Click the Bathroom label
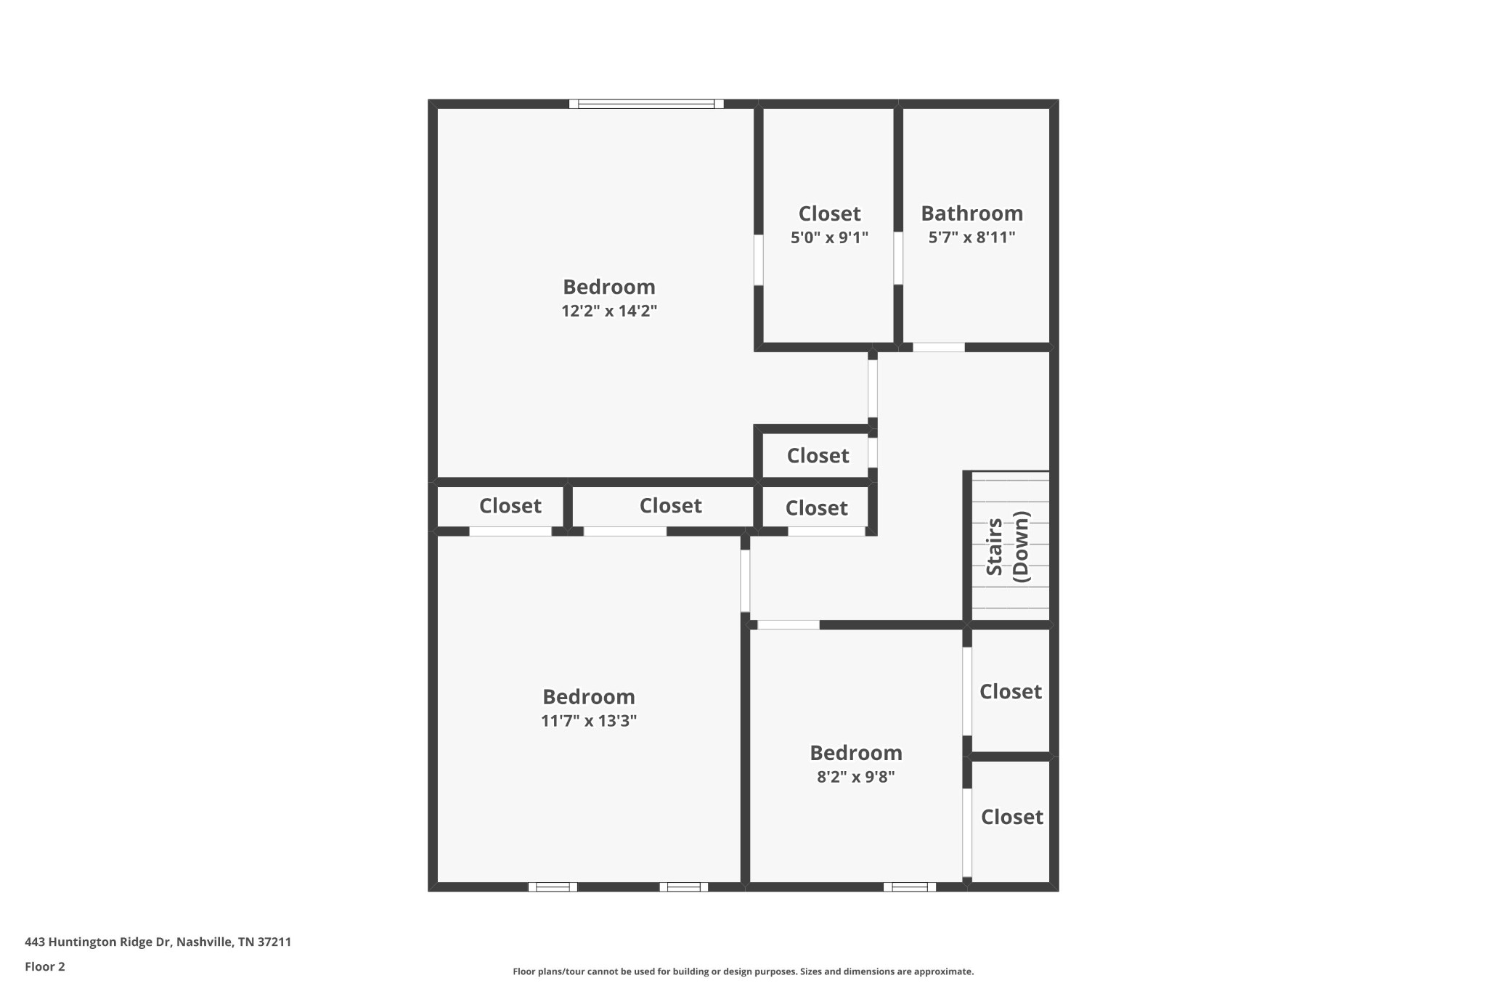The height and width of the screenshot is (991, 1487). click(971, 213)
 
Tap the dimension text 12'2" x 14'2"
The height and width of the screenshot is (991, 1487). click(608, 311)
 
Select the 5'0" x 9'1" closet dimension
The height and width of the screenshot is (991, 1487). click(829, 237)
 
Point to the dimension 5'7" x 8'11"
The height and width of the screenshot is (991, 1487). click(971, 237)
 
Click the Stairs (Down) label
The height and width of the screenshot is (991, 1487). click(1008, 547)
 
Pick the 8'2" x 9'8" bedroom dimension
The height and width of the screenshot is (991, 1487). click(855, 777)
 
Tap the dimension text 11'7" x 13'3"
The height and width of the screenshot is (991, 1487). click(588, 721)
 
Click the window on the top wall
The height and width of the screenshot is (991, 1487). click(646, 104)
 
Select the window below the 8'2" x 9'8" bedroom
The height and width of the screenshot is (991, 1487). click(909, 886)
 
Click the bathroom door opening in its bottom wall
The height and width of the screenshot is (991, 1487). click(938, 348)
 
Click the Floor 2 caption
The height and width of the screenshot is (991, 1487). click(45, 966)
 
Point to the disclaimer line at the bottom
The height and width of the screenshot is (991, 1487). click(743, 971)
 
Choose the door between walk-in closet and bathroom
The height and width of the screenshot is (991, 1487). click(898, 258)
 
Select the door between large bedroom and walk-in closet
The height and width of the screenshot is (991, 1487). click(758, 260)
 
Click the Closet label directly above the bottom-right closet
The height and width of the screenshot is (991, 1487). click(1010, 691)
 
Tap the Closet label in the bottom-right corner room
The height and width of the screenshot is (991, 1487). click(1011, 817)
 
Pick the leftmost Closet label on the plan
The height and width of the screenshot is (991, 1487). click(510, 505)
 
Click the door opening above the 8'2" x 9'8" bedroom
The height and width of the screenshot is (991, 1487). click(789, 625)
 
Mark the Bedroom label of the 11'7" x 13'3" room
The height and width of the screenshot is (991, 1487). click(588, 697)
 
